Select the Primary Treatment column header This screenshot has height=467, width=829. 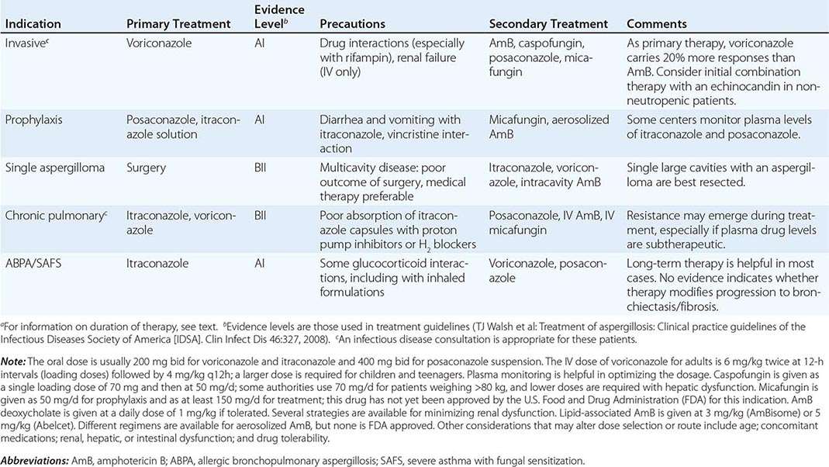(178, 24)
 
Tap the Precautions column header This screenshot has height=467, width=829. (354, 24)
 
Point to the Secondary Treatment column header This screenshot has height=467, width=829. (548, 24)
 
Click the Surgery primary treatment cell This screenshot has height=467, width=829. (147, 167)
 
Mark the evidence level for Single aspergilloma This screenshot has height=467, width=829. (262, 167)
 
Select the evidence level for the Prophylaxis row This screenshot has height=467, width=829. (261, 120)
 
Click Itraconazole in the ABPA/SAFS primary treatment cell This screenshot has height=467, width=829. (157, 264)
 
